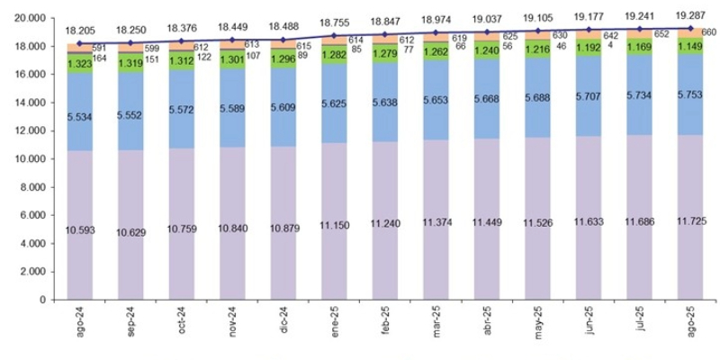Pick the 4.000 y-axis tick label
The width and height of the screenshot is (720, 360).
[31, 244]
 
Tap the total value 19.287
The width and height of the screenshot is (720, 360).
[691, 15]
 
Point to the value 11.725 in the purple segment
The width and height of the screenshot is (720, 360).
[691, 220]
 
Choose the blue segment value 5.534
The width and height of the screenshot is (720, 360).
[80, 117]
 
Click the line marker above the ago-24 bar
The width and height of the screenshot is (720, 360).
[80, 42]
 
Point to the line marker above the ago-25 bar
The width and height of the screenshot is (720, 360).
[690, 28]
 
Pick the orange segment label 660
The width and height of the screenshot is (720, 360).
[707, 33]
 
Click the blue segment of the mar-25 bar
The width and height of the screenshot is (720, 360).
[436, 99]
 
